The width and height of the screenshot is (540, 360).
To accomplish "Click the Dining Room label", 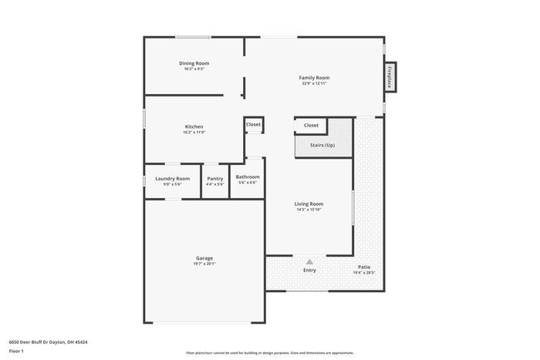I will point(194,63).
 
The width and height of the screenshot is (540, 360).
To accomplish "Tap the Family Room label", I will point(314,77).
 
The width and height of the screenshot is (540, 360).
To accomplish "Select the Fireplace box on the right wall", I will point(390,78).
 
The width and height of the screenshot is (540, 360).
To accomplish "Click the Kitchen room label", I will point(194,126).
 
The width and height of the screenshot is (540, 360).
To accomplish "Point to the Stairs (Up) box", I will point(322,145).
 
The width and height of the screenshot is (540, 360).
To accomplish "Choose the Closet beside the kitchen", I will point(253,124).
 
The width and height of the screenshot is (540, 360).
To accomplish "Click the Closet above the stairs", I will point(311,125).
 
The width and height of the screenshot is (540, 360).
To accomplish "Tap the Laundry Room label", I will point(172,178).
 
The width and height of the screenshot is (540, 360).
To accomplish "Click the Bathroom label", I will point(248,177).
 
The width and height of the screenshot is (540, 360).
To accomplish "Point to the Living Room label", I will point(309,204).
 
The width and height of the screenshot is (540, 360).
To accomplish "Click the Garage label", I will point(204,257).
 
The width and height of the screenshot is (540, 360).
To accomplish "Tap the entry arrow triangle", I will point(309,262).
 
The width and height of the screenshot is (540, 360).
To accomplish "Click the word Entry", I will point(309,270).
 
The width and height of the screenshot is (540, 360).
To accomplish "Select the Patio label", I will point(363,267).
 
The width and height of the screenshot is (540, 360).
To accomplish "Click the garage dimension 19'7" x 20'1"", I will point(204,264).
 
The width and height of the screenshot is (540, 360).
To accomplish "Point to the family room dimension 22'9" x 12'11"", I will point(314,83).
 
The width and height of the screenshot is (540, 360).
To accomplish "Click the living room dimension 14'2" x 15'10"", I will point(309,210).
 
